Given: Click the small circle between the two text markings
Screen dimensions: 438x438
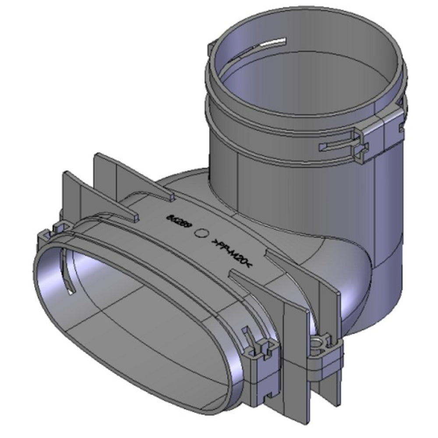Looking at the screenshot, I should click(x=202, y=234).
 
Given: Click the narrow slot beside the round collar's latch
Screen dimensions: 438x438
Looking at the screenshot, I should click(x=337, y=144).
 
